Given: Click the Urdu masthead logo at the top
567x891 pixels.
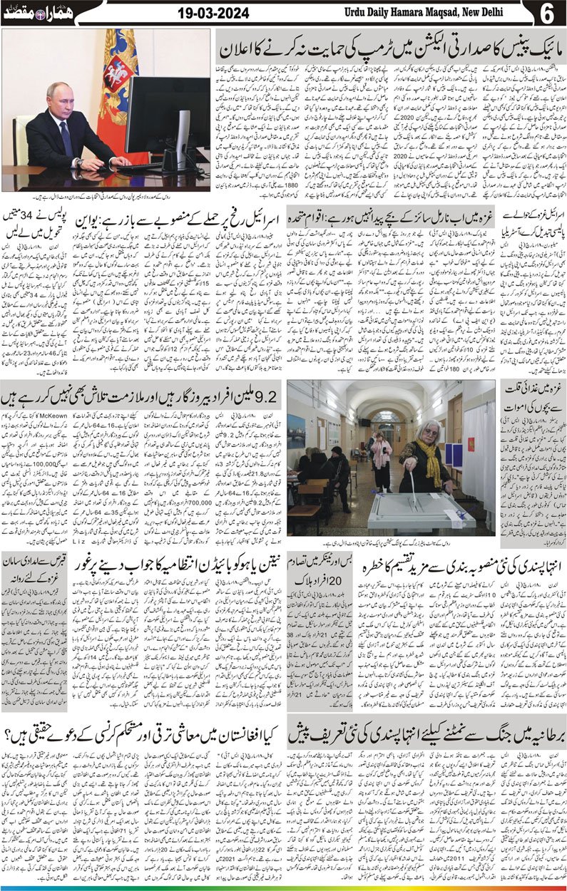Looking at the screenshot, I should (x=34, y=12).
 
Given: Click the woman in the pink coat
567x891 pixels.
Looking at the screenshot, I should (x=381, y=456).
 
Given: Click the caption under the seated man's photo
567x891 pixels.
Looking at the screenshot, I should (x=107, y=195).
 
